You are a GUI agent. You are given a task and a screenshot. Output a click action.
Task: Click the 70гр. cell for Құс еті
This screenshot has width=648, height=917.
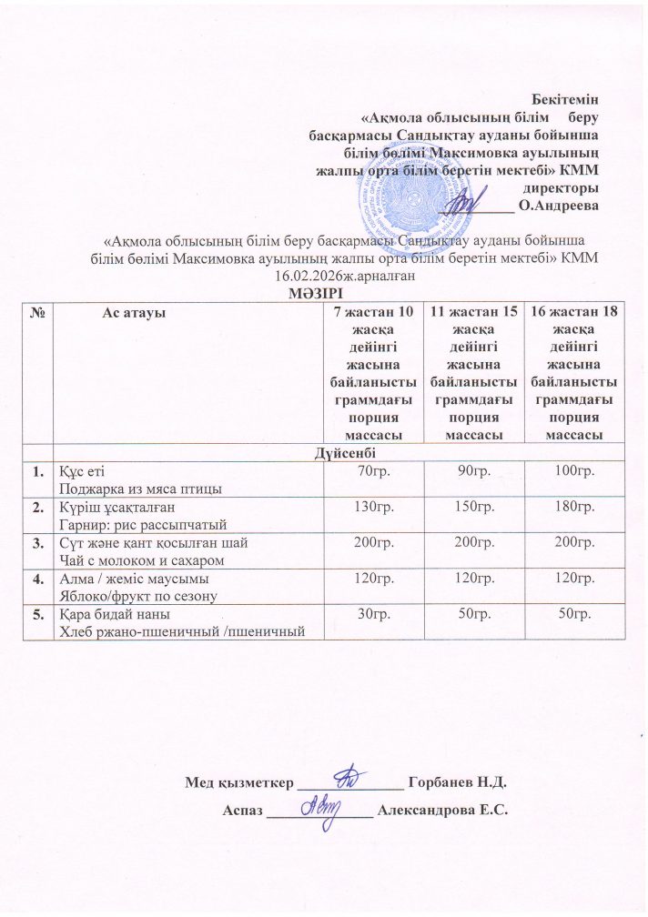click(x=370, y=470)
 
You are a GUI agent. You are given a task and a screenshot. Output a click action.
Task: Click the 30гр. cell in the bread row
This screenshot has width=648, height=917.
click(x=370, y=615)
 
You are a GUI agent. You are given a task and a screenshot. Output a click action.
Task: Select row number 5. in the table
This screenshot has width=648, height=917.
click(x=39, y=615)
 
